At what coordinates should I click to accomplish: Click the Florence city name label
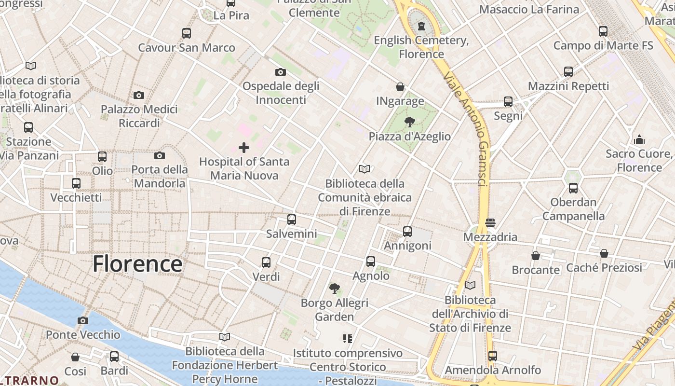point(137,264)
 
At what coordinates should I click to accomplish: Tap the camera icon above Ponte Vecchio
point(83,320)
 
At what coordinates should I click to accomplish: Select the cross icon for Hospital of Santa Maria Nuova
point(244,147)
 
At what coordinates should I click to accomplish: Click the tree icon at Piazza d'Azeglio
point(410,122)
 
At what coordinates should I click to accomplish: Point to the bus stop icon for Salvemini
point(292,220)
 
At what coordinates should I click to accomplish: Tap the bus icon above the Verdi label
point(266,262)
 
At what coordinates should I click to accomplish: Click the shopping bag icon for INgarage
point(400,87)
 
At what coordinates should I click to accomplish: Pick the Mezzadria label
point(490,237)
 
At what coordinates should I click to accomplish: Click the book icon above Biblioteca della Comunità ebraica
point(364,169)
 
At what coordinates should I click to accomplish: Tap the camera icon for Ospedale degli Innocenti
point(281,72)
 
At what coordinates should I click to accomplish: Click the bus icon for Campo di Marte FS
point(603,31)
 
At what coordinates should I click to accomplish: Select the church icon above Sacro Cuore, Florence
point(639,139)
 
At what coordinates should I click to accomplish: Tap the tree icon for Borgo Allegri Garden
point(335,289)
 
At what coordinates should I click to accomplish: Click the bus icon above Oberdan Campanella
point(573,188)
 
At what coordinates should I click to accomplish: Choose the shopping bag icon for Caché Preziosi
point(604,253)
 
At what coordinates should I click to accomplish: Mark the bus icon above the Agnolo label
point(371,262)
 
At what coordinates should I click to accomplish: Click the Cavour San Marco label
point(187,48)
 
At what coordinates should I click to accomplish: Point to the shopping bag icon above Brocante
point(536,255)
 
